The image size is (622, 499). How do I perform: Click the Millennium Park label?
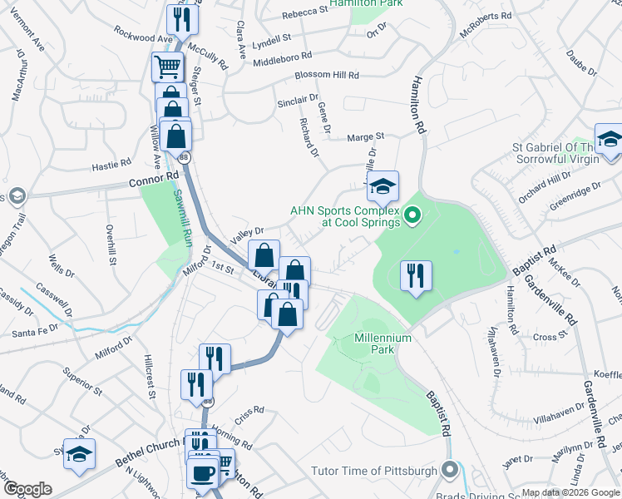coord(384,338)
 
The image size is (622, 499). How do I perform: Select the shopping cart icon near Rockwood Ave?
coord(168,66)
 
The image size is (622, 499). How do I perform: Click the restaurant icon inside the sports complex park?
coord(416,275)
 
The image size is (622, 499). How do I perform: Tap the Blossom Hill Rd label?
coord(327,75)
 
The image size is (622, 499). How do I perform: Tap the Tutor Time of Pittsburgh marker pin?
coord(450,471)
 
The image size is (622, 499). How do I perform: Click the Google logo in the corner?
coord(27,489)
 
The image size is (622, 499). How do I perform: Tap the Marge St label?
coord(365,136)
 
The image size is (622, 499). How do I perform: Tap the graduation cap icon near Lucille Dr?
coord(383,186)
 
